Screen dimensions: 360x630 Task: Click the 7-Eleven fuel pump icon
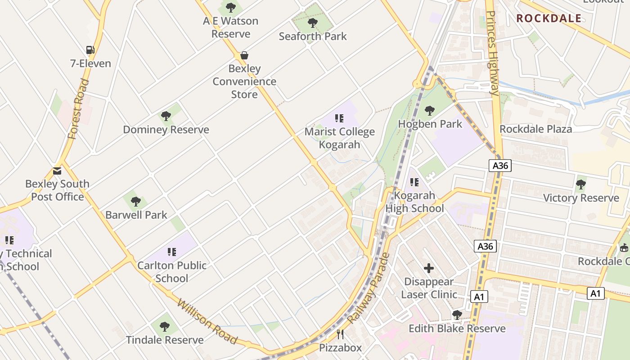click(90, 50)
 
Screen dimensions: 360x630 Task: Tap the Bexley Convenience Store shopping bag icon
click(244, 55)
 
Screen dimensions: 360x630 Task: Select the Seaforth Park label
click(313, 36)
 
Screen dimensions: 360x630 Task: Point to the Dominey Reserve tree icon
click(166, 116)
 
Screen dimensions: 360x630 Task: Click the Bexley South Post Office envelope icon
click(57, 171)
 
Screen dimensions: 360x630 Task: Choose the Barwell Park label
click(136, 215)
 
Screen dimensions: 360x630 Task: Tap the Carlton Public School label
click(172, 271)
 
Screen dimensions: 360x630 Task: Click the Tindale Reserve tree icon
click(165, 326)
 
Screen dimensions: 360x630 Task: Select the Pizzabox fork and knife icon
click(341, 334)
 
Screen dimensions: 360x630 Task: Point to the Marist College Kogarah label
click(340, 138)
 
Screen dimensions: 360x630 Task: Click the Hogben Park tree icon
click(430, 110)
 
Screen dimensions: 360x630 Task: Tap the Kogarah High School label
click(414, 202)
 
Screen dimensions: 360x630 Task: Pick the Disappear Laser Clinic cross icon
click(429, 268)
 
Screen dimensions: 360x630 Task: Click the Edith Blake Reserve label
click(457, 328)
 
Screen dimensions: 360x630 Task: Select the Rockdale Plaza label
click(535, 129)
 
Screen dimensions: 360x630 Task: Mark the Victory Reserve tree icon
click(581, 184)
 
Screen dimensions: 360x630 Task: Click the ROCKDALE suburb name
click(549, 18)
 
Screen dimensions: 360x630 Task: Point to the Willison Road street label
click(207, 320)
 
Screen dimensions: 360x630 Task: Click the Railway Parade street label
click(368, 288)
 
